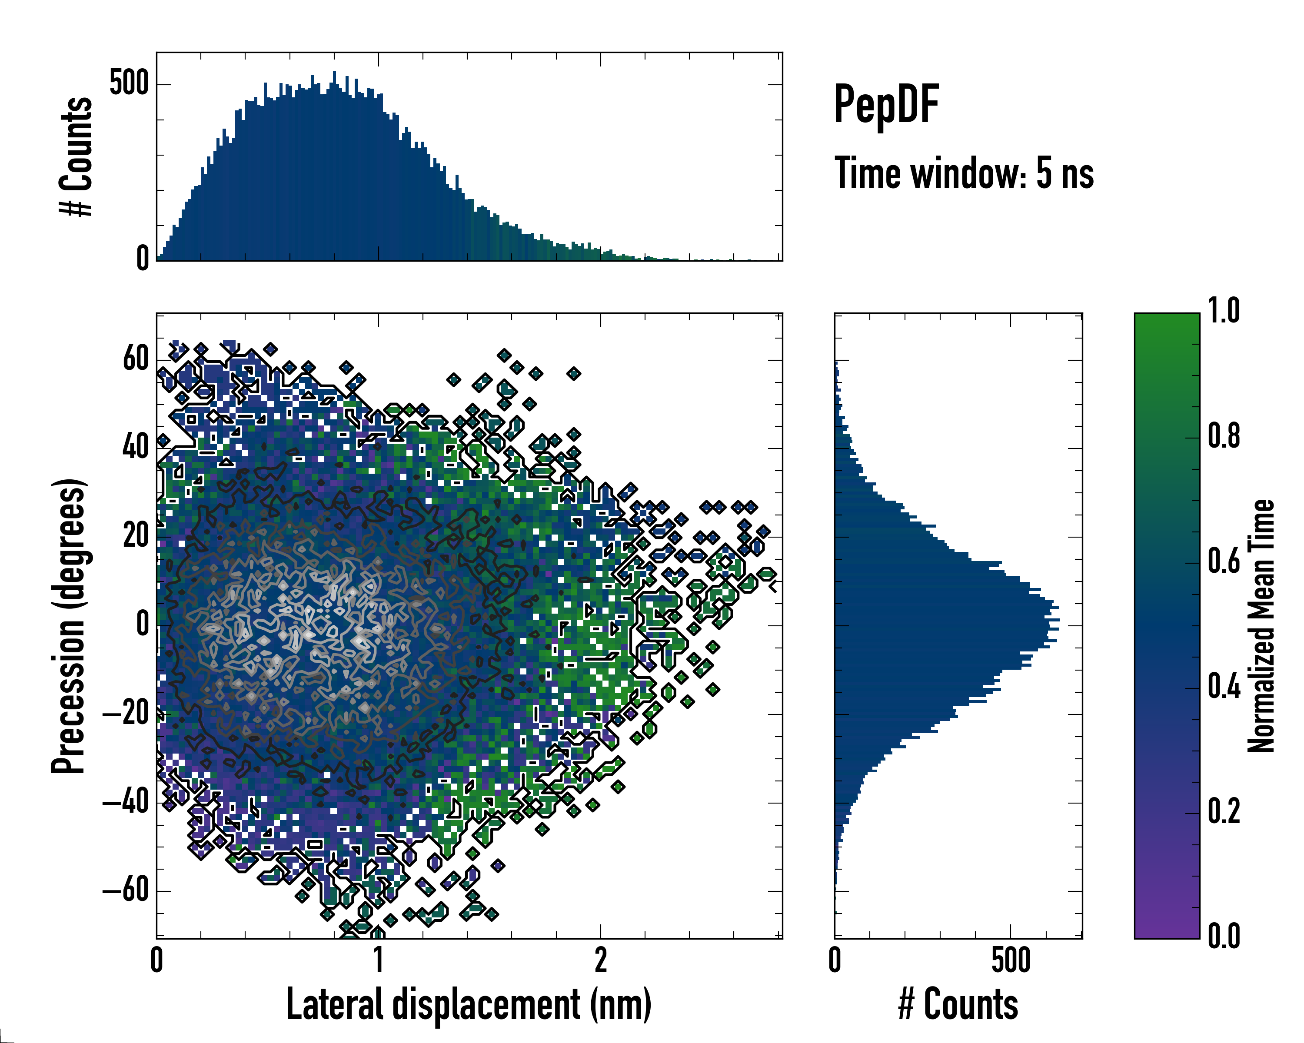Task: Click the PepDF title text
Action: pos(886,105)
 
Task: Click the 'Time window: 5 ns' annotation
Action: pos(964,173)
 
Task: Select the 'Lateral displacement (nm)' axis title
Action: pos(469,1005)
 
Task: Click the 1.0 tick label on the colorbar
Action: pos(1224,311)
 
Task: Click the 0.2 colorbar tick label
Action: pos(1224,812)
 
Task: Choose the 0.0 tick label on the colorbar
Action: pos(1224,937)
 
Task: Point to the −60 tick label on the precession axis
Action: pos(126,890)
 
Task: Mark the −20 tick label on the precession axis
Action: pos(126,714)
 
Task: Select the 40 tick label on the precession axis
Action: pos(136,448)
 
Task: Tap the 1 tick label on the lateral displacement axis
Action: pos(379,960)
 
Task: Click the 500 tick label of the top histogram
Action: pos(129,83)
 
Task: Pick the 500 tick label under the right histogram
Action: pos(1011,960)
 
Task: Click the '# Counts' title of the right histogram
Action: pos(958,1005)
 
